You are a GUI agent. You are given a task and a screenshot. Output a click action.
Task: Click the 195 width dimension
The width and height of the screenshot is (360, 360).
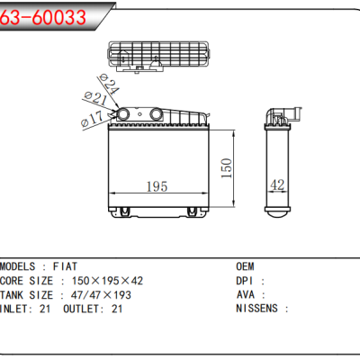[157, 186]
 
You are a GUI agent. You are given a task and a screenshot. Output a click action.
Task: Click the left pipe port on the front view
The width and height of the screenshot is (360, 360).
[124, 115]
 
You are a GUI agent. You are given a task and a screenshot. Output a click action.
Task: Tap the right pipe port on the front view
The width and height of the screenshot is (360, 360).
[157, 114]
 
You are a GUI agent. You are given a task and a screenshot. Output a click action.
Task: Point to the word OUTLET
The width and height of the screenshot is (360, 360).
[83, 308]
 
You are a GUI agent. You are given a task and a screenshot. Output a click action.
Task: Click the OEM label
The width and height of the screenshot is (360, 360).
[245, 267]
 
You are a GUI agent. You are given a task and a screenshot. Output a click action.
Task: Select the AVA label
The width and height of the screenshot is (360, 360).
[245, 294]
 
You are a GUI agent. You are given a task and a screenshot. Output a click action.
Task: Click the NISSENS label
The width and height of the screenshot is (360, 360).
[256, 308]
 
